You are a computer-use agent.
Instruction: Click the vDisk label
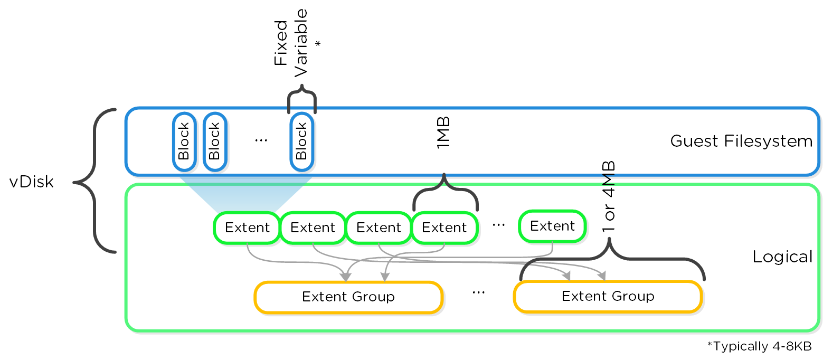pos(32,182)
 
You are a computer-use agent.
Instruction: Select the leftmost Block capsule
pos(184,141)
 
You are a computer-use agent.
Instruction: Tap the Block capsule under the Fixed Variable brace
pos(301,141)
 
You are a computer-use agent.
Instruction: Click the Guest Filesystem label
pos(741,141)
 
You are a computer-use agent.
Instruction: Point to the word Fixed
pos(281,43)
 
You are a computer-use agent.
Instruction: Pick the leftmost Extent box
pos(247,228)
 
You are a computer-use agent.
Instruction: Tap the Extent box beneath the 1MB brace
pos(444,228)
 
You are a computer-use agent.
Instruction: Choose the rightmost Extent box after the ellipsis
pos(552,226)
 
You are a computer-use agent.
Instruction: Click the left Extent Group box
pos(348,297)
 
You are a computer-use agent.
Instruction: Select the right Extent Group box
pos(608,297)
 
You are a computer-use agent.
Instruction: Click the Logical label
pos(782,257)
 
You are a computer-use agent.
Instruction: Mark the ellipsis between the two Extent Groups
pos(478,292)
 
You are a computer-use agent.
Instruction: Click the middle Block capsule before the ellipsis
pos(214,141)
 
